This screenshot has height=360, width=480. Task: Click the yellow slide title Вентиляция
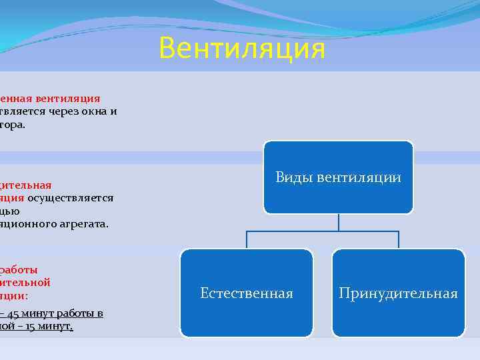[x=242, y=49]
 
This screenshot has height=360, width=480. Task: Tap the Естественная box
[x=246, y=293]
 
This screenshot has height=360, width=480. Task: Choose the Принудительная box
[x=398, y=293]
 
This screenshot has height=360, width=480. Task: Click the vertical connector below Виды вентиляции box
[x=338, y=223]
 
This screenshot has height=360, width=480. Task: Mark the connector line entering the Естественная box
[x=247, y=240]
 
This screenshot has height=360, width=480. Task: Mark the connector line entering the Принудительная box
[x=398, y=240]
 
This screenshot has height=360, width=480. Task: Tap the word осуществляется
[x=70, y=197]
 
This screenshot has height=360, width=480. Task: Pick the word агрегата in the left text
[x=86, y=223]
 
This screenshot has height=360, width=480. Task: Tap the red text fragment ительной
[x=25, y=282]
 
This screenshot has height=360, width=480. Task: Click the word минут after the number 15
[x=58, y=327]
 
